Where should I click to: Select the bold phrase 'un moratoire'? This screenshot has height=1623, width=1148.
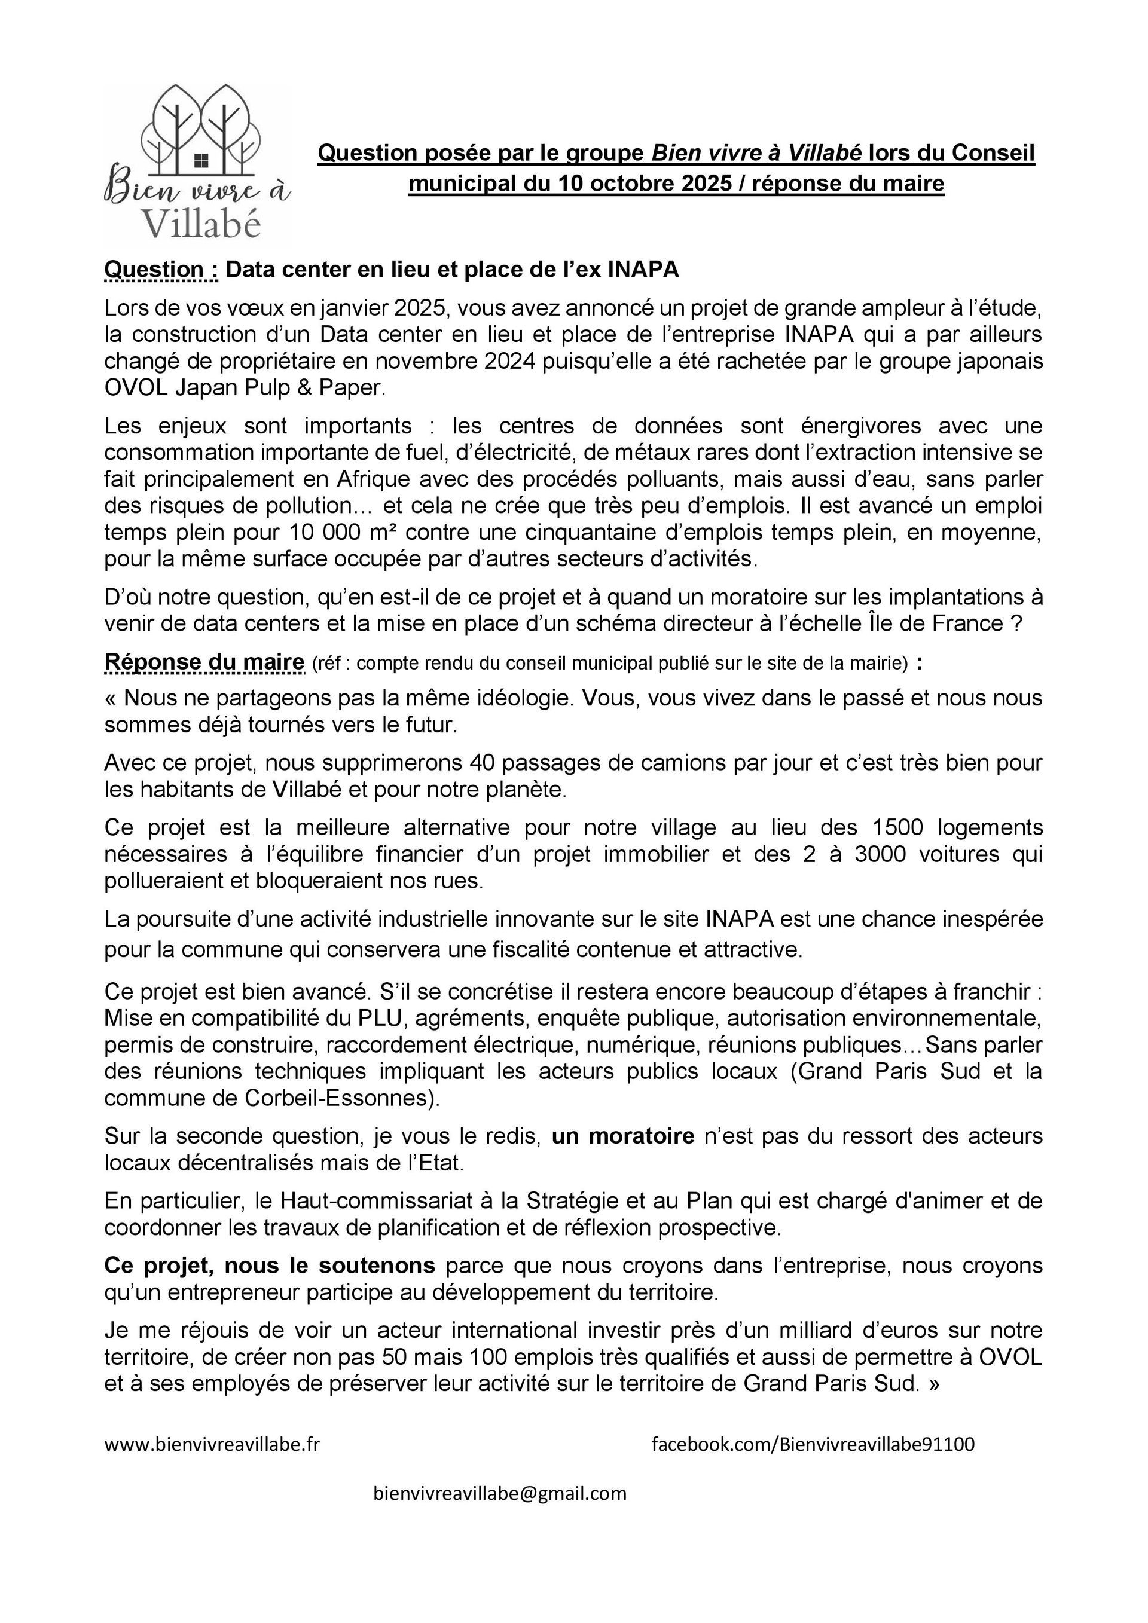click(x=623, y=1136)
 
